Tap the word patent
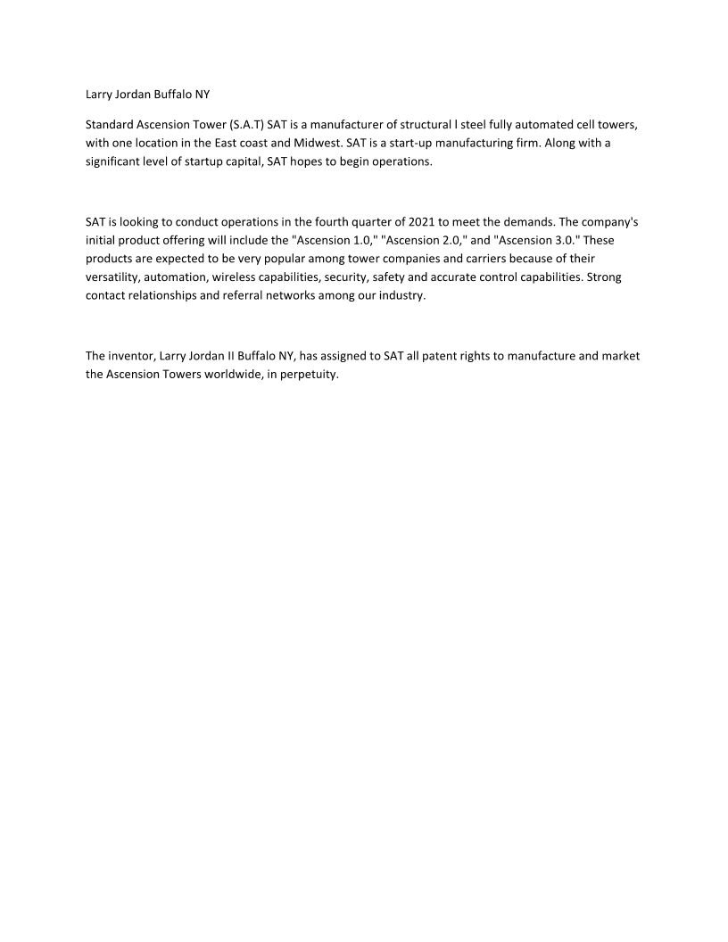pos(429,356)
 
